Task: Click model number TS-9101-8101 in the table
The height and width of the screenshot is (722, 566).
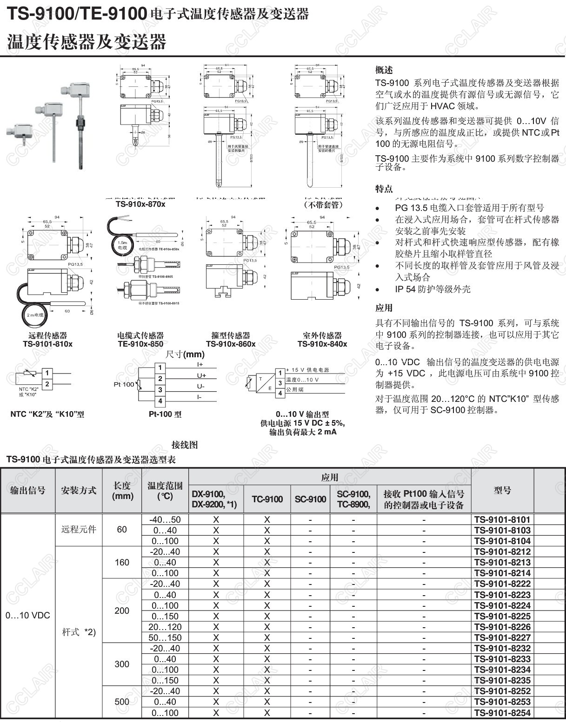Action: (502, 519)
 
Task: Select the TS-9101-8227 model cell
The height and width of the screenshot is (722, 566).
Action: (502, 637)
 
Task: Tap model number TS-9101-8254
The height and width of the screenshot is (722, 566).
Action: (502, 713)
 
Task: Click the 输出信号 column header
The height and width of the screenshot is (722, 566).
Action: (28, 490)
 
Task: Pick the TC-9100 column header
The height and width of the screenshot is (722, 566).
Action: (267, 499)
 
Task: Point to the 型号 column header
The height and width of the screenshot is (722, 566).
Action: (502, 490)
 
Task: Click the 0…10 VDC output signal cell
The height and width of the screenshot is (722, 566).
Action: (28, 616)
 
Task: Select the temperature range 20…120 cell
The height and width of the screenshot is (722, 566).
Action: (165, 627)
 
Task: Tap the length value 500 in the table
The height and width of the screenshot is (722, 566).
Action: (122, 702)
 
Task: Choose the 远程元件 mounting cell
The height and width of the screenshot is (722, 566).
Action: (79, 529)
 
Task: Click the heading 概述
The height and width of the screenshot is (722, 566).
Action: (384, 70)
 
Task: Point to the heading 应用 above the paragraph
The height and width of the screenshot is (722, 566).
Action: (384, 308)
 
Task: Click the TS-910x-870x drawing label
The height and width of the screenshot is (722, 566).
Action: (140, 204)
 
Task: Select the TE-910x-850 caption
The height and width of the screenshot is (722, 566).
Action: (140, 344)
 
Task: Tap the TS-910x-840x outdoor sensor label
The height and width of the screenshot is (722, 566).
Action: (322, 344)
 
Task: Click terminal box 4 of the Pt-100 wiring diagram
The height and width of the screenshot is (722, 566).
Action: (160, 401)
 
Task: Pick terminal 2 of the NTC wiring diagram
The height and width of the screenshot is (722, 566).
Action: (47, 384)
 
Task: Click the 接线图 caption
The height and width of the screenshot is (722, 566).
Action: (185, 445)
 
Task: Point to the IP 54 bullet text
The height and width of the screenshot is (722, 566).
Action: (433, 289)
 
